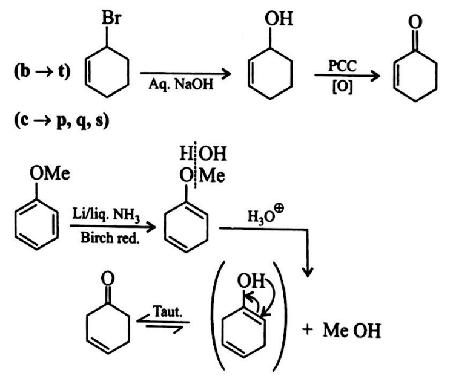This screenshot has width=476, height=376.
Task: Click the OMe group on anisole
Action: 51,175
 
